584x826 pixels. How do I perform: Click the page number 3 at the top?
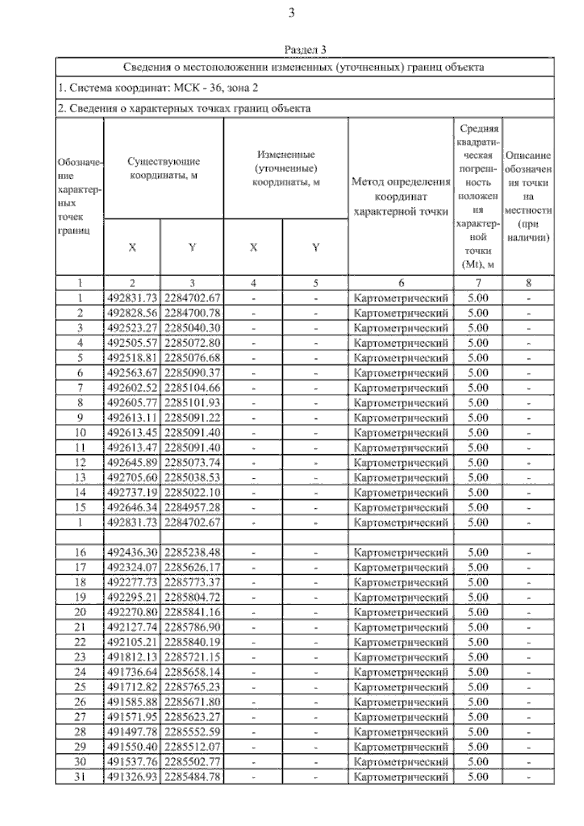pos(292,13)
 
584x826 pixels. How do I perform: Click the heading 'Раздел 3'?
pos(305,50)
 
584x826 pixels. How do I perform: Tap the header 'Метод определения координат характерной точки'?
pos(401,197)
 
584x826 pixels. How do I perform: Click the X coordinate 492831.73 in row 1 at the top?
pos(132,298)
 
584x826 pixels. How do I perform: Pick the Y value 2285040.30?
pos(192,328)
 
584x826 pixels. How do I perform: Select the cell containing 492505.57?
pos(132,343)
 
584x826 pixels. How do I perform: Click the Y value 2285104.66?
pos(192,388)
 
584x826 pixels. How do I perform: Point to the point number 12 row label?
pos(80,463)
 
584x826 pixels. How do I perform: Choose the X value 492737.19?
pos(132,493)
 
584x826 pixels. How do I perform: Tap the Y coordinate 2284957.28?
pos(192,508)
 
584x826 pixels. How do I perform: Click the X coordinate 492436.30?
pos(132,552)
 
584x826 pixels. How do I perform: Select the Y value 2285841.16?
pos(192,612)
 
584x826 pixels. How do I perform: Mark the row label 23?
pos(80,657)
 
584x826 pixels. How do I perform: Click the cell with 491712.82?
pos(132,687)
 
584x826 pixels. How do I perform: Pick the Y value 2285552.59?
pos(192,732)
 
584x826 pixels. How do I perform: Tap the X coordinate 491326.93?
pos(132,777)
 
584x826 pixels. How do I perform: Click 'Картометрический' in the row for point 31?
pos(401,777)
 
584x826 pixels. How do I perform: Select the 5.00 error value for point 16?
pos(478,552)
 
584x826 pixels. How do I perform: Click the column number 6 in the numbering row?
pos(401,283)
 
